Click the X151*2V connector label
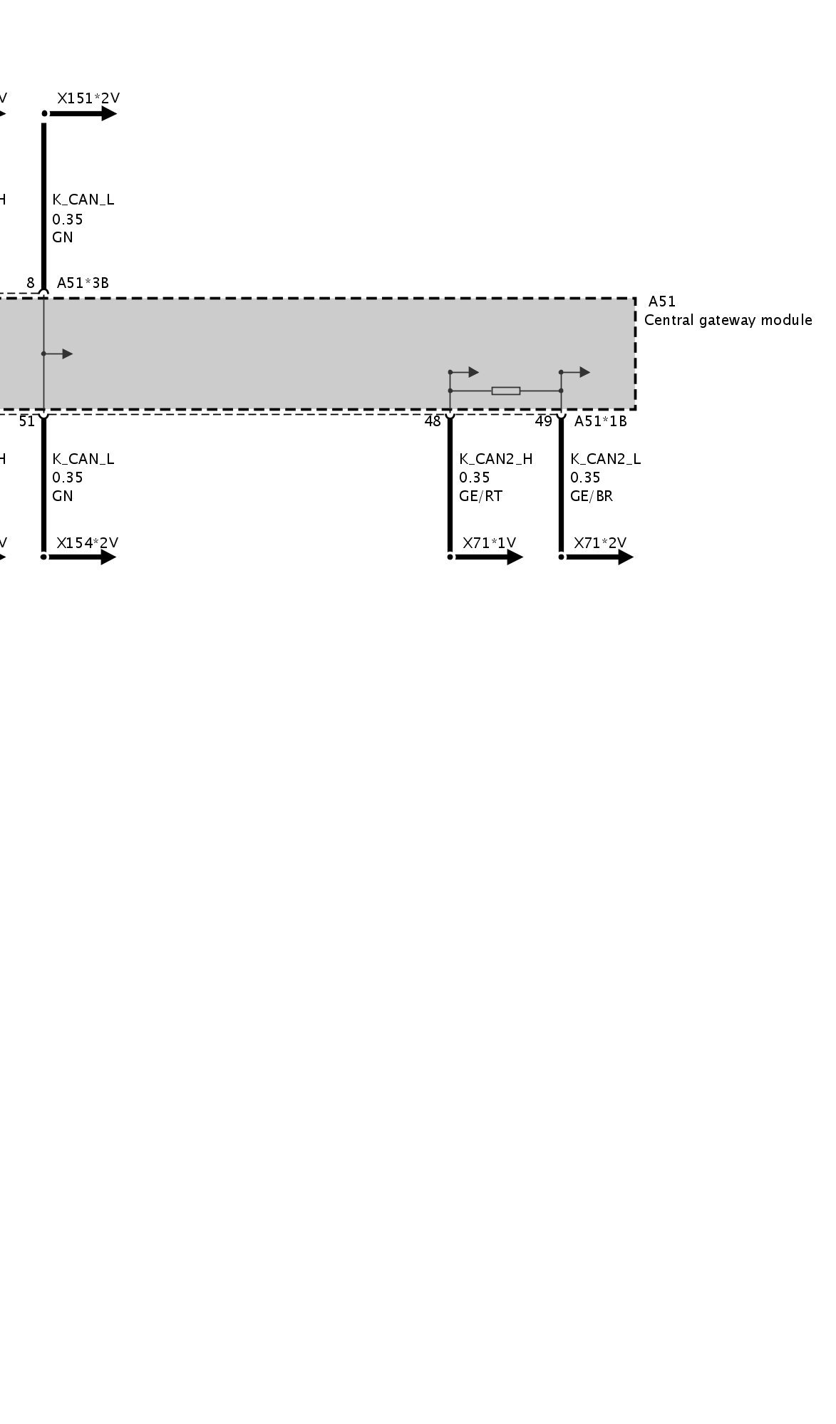(x=88, y=98)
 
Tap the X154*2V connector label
(x=87, y=543)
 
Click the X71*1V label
(x=489, y=543)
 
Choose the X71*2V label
(x=600, y=543)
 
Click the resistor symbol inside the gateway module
(x=505, y=391)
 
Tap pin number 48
(x=433, y=421)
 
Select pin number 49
(x=544, y=421)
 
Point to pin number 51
(x=27, y=421)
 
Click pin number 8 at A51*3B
(x=31, y=283)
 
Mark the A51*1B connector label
(x=600, y=421)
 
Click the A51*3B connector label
(x=83, y=283)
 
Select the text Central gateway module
(x=728, y=320)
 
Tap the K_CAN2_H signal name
(x=495, y=459)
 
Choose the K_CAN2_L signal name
(x=605, y=459)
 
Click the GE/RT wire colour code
(x=480, y=496)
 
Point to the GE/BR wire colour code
(x=591, y=496)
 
